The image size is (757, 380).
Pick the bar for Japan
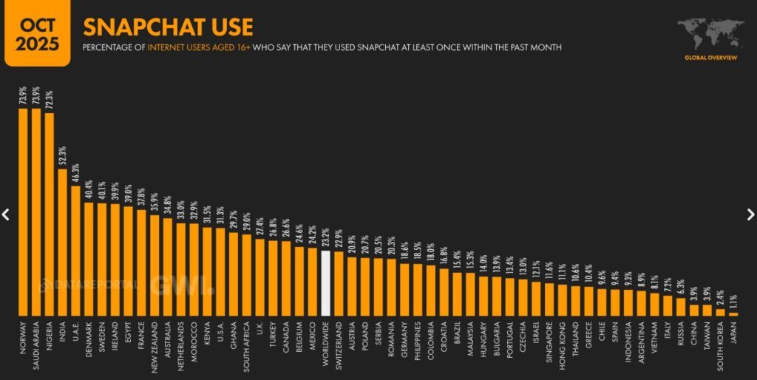pos(733,313)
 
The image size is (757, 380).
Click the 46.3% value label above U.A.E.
pos(75,174)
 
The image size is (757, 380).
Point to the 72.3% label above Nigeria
pos(50,101)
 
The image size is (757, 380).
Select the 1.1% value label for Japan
pos(733,302)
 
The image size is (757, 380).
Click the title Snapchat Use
pos(168,27)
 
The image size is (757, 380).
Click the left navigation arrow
pos(6,214)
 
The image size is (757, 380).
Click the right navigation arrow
pos(750,214)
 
